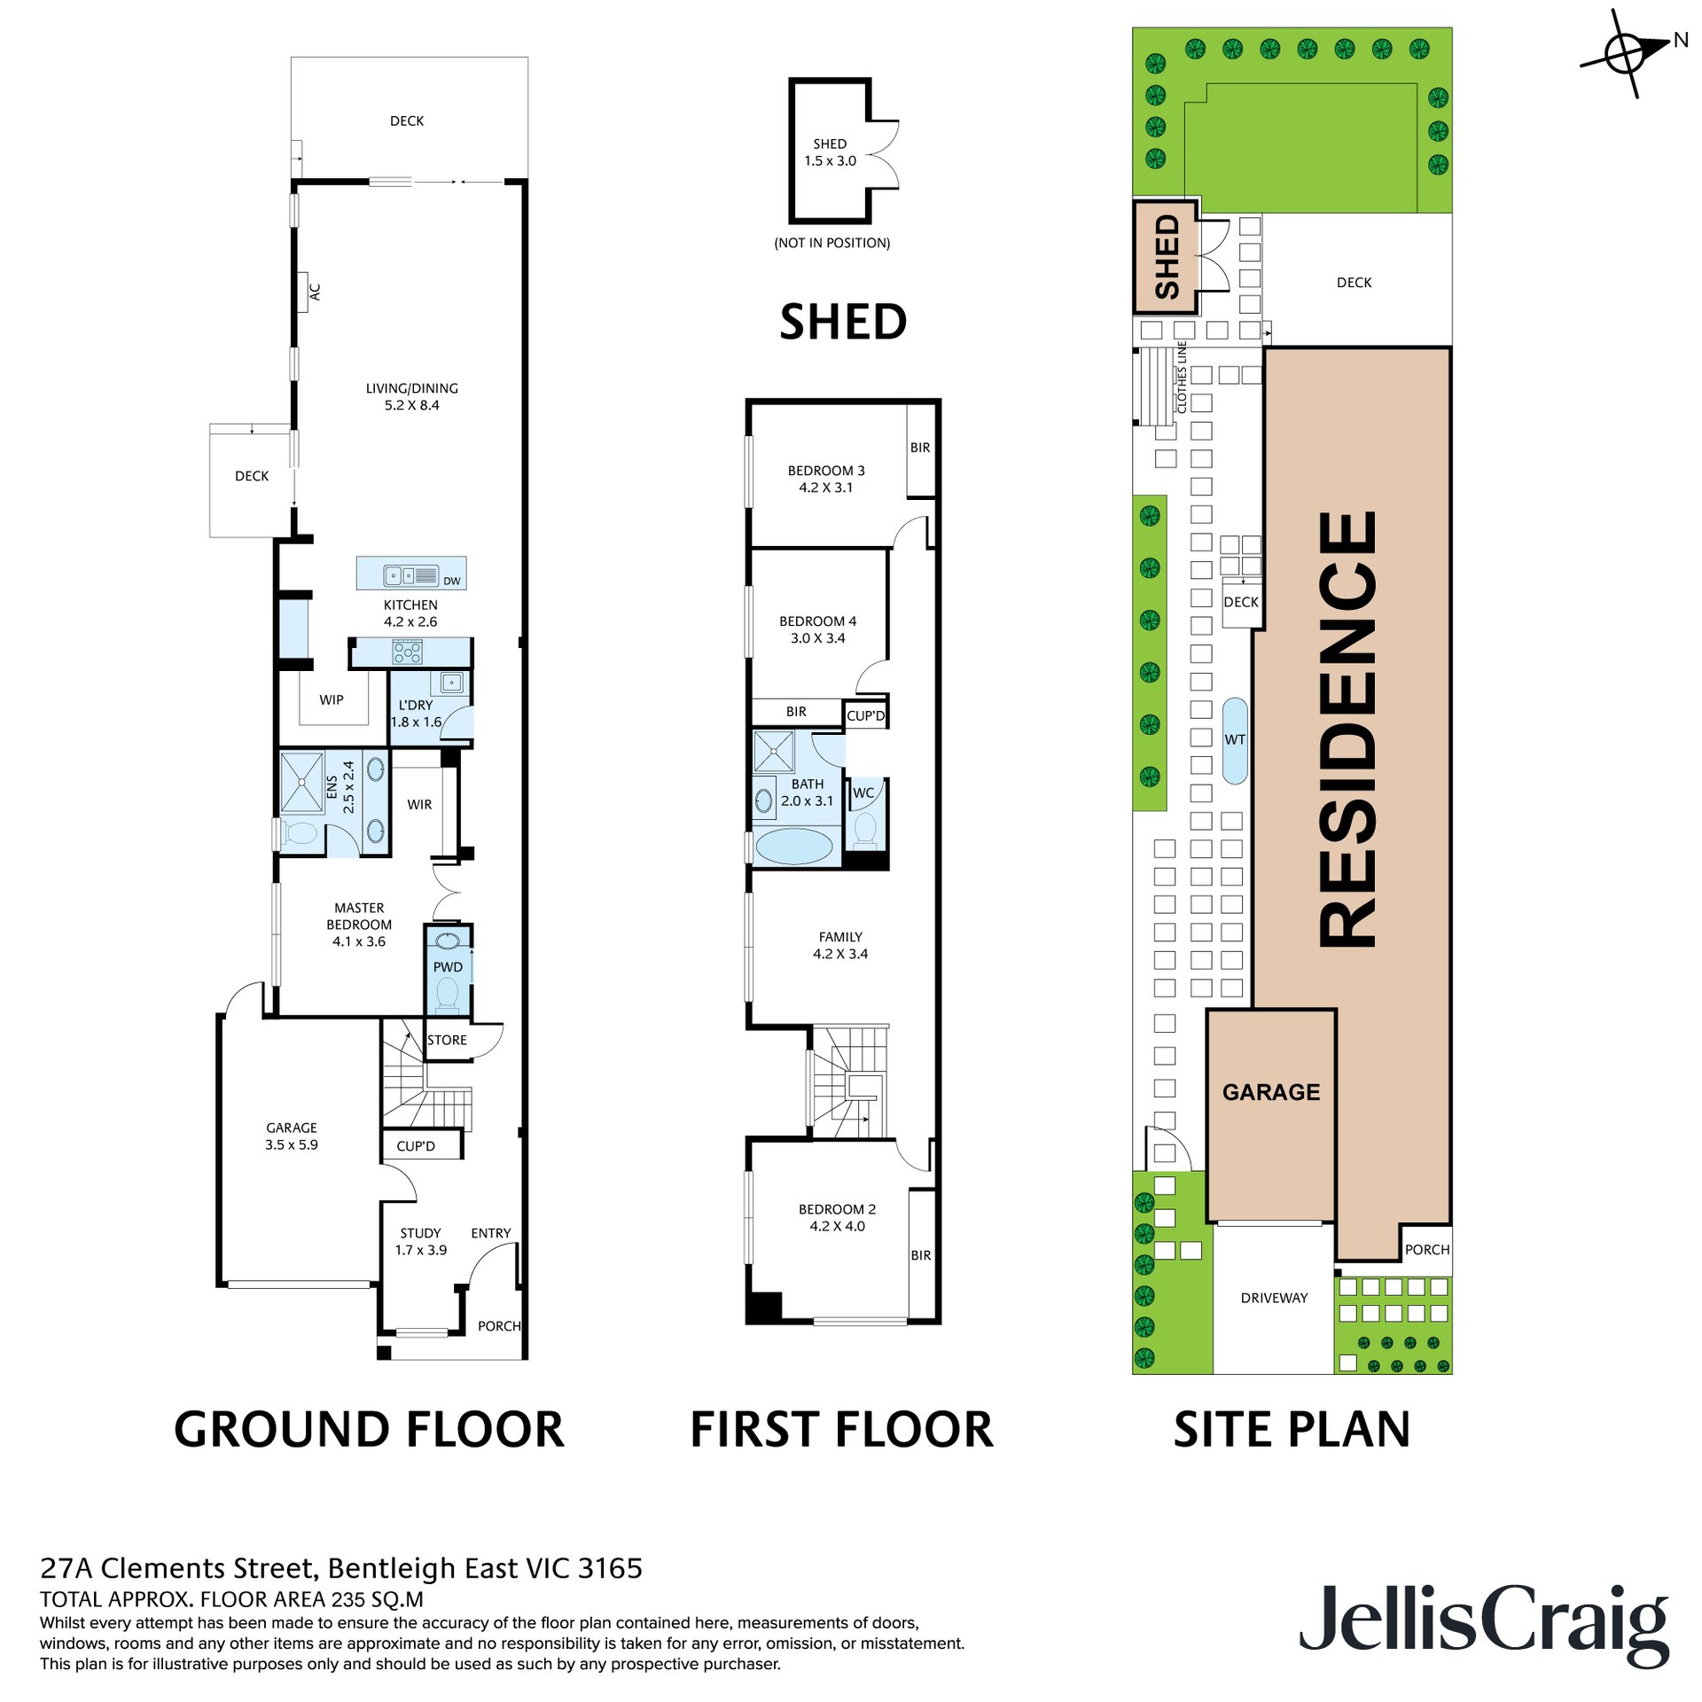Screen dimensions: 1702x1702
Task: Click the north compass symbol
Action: (1628, 53)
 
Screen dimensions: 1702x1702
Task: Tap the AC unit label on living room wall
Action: (314, 291)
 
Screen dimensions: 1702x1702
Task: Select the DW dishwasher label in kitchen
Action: (452, 582)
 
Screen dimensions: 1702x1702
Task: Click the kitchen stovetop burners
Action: (408, 652)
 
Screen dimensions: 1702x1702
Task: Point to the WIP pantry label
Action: (332, 699)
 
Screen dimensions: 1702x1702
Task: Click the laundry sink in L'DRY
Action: (451, 683)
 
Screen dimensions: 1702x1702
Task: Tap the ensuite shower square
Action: (301, 782)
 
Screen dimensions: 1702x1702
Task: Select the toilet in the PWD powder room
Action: (448, 995)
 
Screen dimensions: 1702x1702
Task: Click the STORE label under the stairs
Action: (447, 1040)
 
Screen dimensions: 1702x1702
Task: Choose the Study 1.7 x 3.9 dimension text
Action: (421, 1250)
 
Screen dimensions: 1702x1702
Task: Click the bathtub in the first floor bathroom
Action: (794, 846)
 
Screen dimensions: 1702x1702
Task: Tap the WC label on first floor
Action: (863, 792)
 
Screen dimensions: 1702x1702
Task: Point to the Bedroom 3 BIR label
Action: (920, 448)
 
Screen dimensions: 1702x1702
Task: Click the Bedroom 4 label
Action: (817, 621)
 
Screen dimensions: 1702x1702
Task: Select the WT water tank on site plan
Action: (1235, 740)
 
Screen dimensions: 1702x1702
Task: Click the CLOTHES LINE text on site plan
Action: (1182, 377)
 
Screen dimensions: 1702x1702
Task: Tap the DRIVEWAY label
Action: (1274, 1298)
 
